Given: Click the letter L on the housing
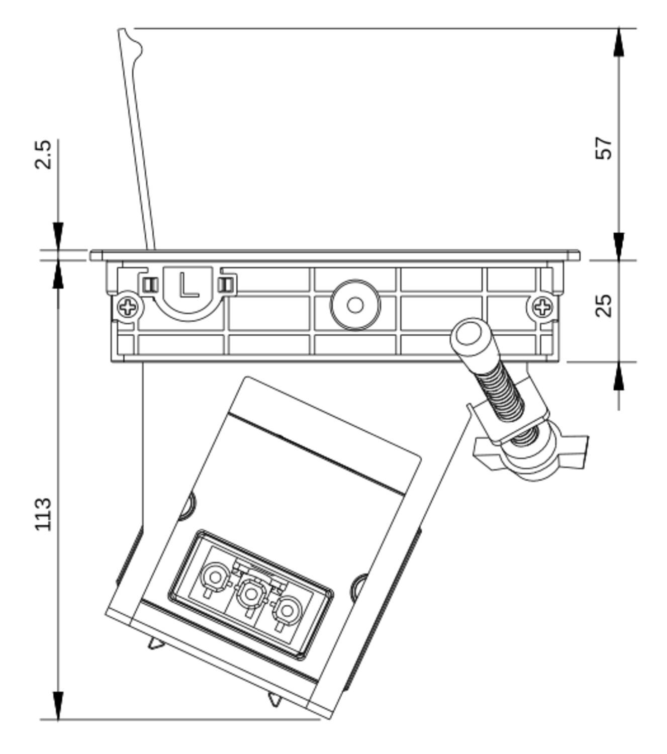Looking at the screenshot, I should pyautogui.click(x=189, y=285).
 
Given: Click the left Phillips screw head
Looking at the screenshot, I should pyautogui.click(x=128, y=306).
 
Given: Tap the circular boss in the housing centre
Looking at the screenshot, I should pyautogui.click(x=355, y=305).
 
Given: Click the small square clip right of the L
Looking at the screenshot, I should pyautogui.click(x=227, y=285).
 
